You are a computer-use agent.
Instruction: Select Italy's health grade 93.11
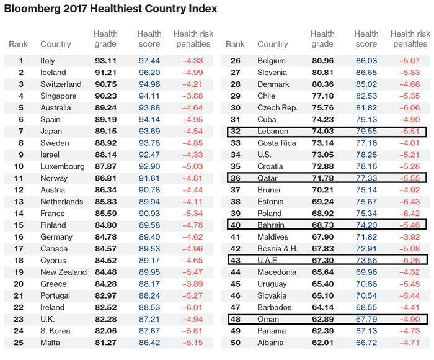[x=105, y=61]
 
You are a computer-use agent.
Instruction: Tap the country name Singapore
[x=58, y=96]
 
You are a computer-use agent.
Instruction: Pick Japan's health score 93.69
[x=148, y=132]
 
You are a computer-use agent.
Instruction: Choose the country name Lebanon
[x=273, y=132]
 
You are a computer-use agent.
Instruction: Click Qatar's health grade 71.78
[x=322, y=179]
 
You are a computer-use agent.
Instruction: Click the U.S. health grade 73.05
[x=322, y=155]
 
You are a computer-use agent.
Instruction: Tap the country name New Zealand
[x=64, y=272]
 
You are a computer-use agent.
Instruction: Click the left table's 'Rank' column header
[x=18, y=45]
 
